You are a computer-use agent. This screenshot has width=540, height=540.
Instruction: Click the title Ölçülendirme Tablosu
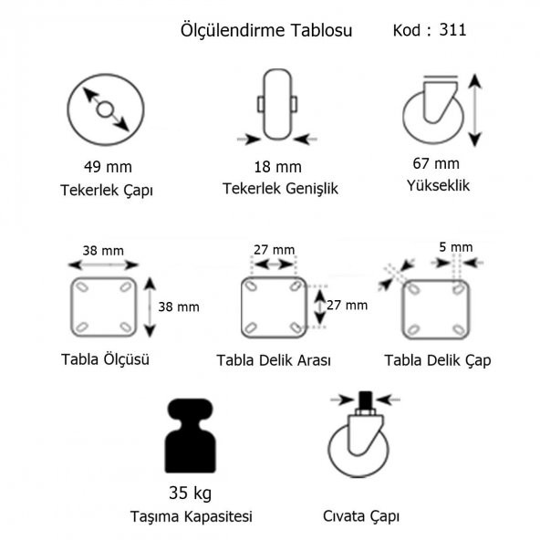[x=266, y=30]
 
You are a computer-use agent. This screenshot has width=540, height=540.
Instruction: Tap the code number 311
[x=452, y=29]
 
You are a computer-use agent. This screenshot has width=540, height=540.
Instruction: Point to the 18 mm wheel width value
[x=277, y=167]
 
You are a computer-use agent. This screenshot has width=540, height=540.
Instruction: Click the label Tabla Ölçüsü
[x=105, y=358]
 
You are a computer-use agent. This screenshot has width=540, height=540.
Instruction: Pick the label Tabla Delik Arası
[x=274, y=360]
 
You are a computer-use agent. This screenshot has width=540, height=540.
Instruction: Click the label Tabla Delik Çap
[x=438, y=360]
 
